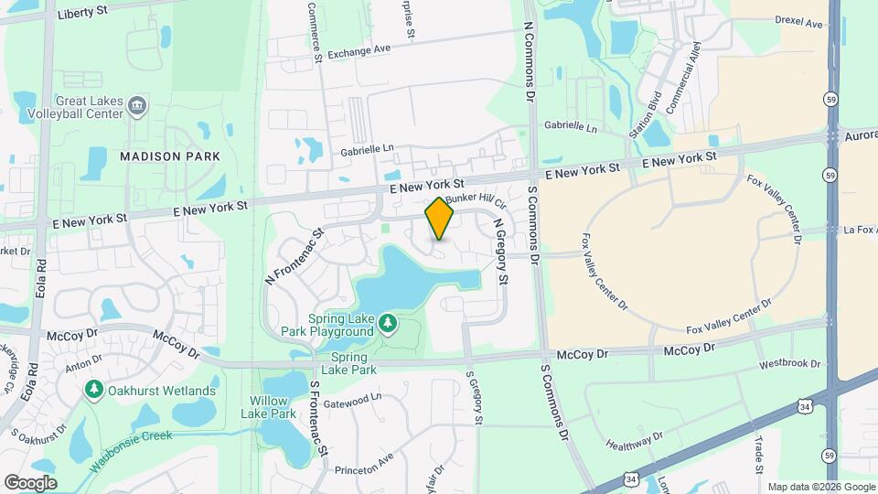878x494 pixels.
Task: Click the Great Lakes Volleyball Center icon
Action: pyautogui.click(x=137, y=106)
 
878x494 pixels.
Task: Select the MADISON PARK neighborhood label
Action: pyautogui.click(x=170, y=156)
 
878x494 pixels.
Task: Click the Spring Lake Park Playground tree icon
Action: pyautogui.click(x=389, y=322)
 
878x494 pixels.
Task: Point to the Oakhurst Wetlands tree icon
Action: pyautogui.click(x=93, y=391)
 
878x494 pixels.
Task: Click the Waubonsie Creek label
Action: pyautogui.click(x=130, y=450)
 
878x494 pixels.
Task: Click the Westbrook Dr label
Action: pyautogui.click(x=790, y=363)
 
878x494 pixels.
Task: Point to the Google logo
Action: pyautogui.click(x=30, y=483)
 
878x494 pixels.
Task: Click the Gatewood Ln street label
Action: pyautogui.click(x=351, y=399)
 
